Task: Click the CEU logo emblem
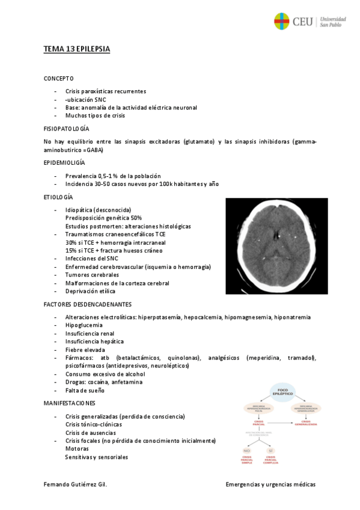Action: click(282, 22)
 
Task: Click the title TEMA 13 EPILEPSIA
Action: click(76, 49)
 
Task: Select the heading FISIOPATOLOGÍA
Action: click(66, 129)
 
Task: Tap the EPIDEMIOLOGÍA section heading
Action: click(64, 162)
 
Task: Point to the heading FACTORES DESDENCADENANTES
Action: click(88, 304)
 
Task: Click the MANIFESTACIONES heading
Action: click(69, 402)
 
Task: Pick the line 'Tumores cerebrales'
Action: click(92, 275)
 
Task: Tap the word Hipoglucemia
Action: click(84, 325)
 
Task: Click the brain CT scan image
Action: click(276, 245)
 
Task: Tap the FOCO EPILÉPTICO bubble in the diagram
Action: click(280, 390)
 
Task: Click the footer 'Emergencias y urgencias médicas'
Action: click(270, 484)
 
